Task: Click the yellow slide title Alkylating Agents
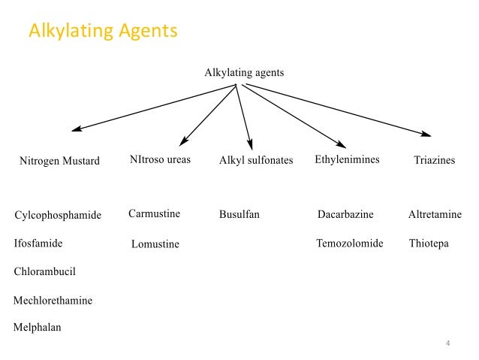pos(103,32)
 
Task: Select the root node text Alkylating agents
pos(244,73)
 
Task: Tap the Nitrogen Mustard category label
pos(59,161)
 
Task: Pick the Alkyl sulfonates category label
pos(256,161)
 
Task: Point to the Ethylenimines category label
pos(347,160)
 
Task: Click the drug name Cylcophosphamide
pos(58,216)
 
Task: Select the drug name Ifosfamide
pos(38,244)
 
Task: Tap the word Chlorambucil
pos(45,271)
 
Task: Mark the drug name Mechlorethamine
pos(53,300)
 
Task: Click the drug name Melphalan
pos(38,328)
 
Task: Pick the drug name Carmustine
pos(155,214)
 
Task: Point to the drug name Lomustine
pos(155,244)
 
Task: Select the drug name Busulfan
pos(239,215)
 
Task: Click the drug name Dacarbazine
pos(345,215)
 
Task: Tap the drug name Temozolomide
pos(350,244)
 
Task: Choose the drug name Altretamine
pos(435,215)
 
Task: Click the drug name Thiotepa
pos(429,244)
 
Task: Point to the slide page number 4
pos(447,344)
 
